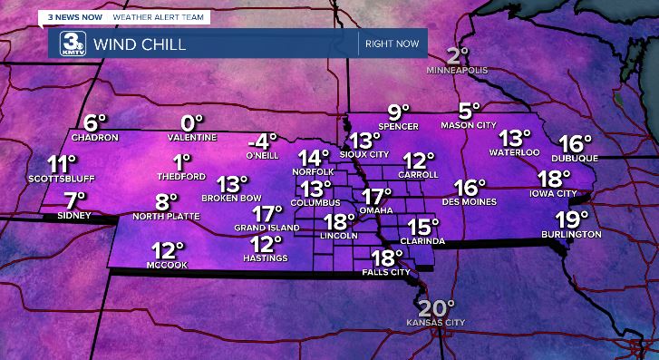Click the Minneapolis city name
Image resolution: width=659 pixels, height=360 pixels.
click(459, 70)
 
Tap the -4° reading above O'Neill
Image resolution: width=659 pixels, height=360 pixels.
click(262, 141)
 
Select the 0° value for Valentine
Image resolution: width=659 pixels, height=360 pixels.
click(192, 122)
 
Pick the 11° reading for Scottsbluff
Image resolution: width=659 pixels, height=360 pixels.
click(62, 164)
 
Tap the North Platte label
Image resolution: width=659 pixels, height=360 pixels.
click(165, 217)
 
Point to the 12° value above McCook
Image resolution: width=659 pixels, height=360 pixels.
click(168, 250)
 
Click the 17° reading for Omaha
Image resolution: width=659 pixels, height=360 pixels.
click(376, 196)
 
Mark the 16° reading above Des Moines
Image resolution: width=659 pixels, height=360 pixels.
click(470, 188)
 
